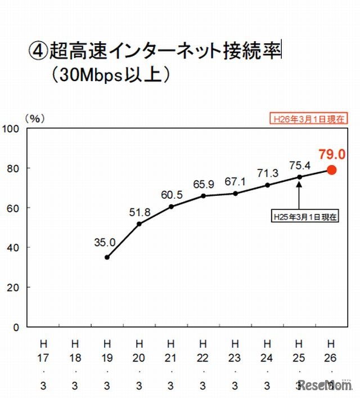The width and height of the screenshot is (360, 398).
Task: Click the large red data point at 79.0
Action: point(331,170)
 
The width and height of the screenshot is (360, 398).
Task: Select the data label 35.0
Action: point(105,243)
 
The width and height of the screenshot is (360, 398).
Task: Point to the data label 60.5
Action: point(172,195)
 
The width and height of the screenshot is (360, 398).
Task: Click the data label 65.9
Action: point(204,184)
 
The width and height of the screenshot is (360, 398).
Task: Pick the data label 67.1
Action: point(236,181)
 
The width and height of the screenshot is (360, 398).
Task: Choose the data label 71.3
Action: point(267,172)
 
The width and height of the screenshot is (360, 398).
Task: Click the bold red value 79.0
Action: point(331,153)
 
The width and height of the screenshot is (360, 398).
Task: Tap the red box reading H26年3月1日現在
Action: point(308,119)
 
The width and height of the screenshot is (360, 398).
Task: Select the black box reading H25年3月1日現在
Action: point(305,216)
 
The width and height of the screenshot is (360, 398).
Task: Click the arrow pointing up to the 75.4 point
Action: point(299,194)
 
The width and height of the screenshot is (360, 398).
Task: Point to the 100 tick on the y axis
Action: point(12,129)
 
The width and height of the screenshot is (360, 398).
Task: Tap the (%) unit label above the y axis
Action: point(35,118)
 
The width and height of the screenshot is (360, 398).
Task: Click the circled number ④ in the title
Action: point(37,51)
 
